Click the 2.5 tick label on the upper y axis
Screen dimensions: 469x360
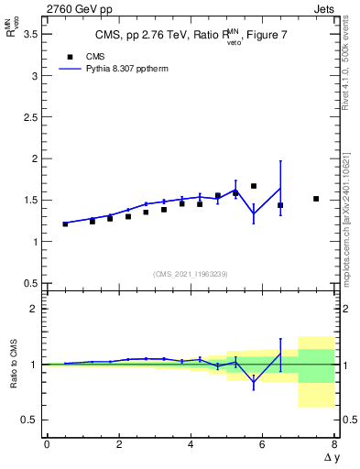click(31, 117)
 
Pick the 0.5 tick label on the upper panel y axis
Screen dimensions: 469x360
click(31, 283)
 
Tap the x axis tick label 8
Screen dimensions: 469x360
click(334, 445)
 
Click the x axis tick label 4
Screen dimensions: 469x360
click(191, 445)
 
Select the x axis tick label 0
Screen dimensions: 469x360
click(47, 445)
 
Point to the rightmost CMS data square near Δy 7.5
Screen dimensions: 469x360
click(316, 199)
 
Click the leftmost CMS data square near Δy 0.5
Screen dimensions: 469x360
click(65, 224)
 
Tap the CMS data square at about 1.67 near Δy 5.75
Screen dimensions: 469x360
click(254, 186)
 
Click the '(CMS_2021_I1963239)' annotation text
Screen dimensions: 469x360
click(191, 274)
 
